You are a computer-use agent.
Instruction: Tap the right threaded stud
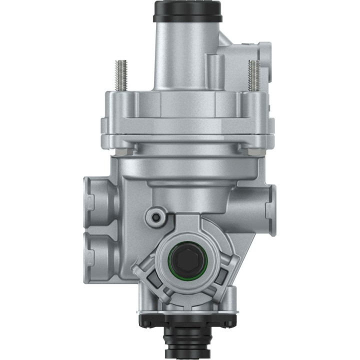[x=253, y=75]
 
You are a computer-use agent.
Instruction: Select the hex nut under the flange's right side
[x=245, y=149]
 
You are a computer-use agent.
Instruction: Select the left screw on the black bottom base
[x=145, y=320]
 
